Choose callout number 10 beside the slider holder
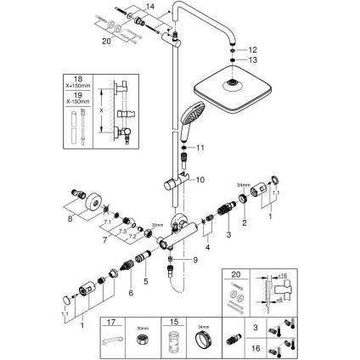click(x=200, y=181)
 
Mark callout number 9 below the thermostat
click(x=194, y=260)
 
